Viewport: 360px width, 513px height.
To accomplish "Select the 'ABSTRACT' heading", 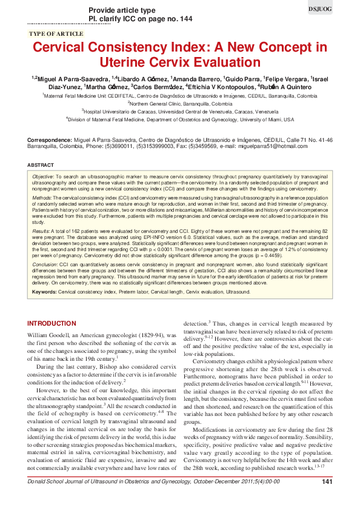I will point(41,165).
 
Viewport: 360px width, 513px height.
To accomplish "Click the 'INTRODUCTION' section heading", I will point(60,323).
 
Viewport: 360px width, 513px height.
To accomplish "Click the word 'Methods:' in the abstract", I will point(41,198).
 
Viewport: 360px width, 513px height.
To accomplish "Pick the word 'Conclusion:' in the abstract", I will point(45,263).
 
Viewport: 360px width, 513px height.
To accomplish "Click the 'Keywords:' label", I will point(45,292).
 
